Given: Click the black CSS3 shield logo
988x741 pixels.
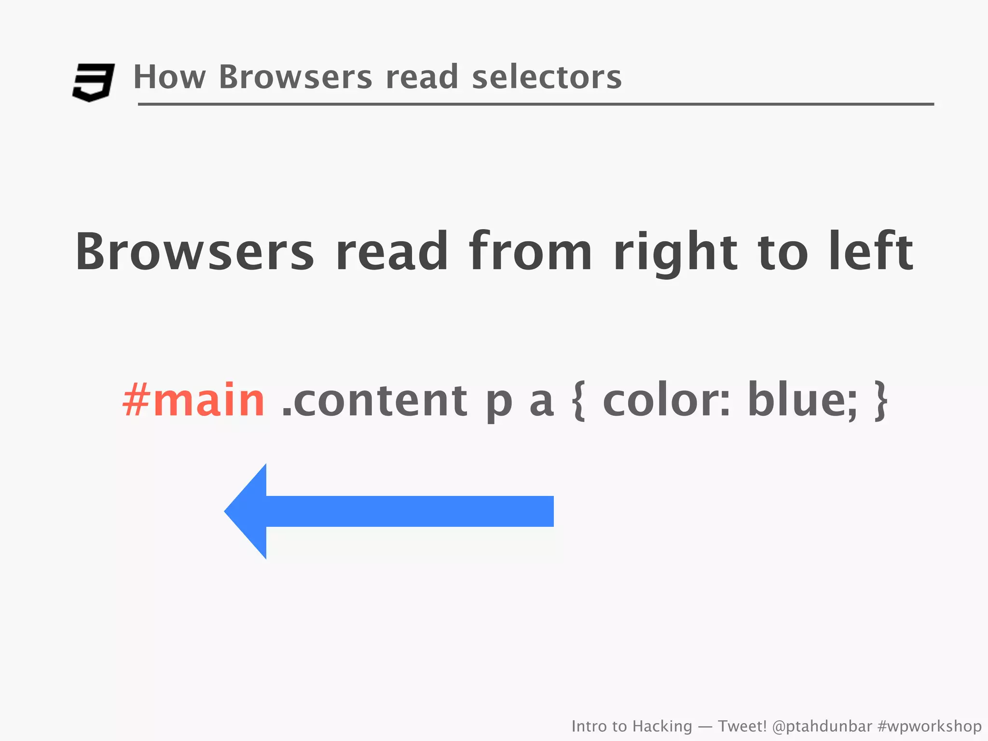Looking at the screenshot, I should tap(93, 82).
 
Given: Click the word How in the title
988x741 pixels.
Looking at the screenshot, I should tap(169, 77).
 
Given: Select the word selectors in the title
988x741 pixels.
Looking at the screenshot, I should tap(547, 77).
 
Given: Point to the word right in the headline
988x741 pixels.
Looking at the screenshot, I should tap(675, 253).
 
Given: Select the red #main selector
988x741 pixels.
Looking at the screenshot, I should tap(193, 400).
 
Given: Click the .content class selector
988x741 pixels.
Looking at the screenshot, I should tap(374, 400).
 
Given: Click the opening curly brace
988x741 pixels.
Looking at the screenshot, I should tap(579, 401).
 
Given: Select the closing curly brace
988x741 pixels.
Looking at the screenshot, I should tap(881, 401).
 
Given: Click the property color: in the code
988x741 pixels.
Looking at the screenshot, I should tap(666, 400).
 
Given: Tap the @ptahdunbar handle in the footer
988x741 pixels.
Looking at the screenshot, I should tap(822, 726).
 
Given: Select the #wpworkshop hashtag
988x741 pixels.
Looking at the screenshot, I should tap(929, 726).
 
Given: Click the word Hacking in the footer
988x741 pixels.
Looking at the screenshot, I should tap(662, 726).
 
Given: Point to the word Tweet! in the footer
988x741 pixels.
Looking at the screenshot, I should tap(742, 726).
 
